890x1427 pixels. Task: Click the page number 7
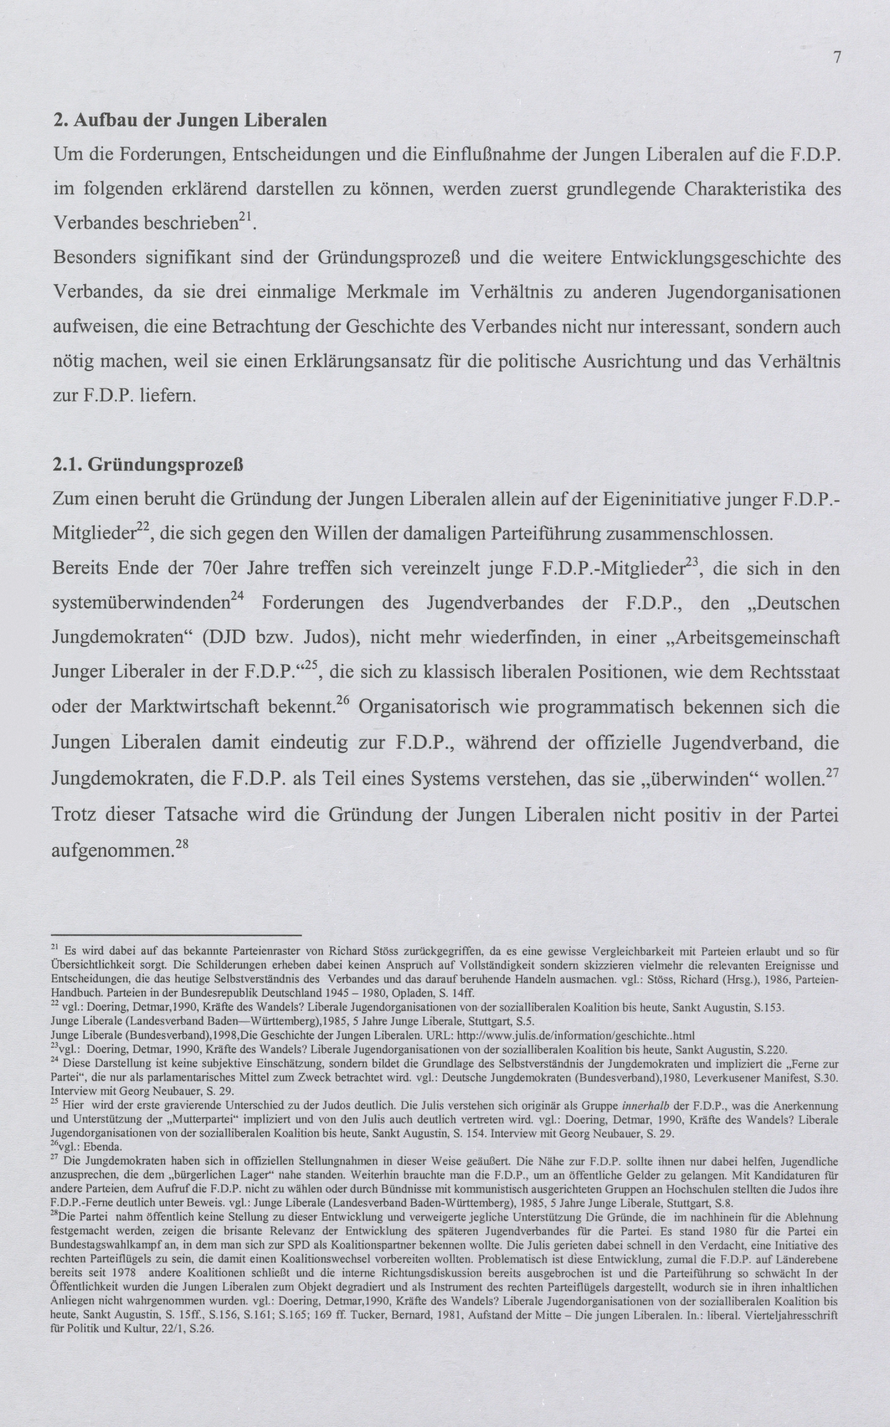837,58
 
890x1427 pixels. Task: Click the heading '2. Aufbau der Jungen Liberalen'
190,120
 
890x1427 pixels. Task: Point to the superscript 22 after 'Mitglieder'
142,528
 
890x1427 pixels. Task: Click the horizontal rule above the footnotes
176,935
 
